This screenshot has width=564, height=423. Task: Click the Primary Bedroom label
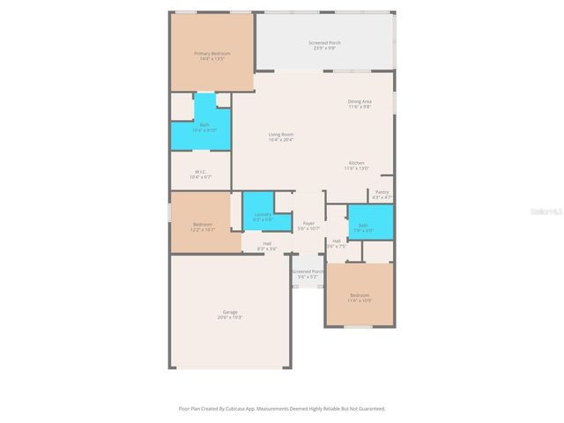coord(211,54)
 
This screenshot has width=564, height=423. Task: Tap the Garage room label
coord(230,311)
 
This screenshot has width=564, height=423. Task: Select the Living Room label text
coord(280,134)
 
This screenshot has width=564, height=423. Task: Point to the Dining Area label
coord(359,101)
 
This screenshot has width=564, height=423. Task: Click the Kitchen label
coord(356,163)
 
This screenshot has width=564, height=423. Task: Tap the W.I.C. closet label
coord(200,172)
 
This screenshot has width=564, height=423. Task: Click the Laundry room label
coord(262,214)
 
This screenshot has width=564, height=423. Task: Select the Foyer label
coord(308,223)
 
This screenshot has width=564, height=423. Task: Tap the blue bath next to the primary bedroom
coord(204,126)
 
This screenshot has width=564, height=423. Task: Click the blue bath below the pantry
coord(363,226)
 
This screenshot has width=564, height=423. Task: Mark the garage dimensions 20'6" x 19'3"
coord(230,316)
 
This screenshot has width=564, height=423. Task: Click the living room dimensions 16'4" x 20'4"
coord(280,139)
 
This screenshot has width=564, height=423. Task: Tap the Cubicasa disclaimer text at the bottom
coord(281,409)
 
